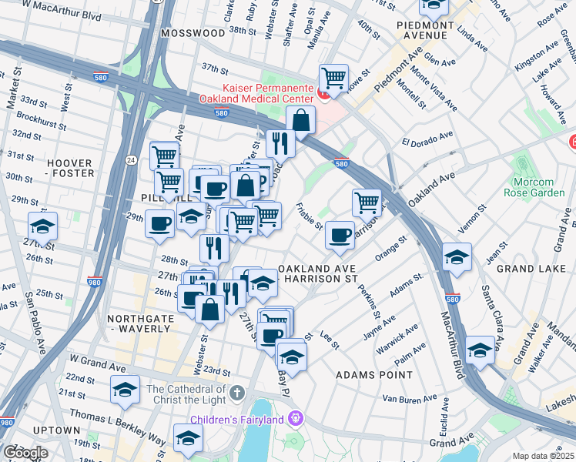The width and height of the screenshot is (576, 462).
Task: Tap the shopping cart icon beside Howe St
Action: (x=333, y=77)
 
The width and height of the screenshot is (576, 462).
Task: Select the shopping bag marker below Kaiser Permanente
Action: (x=300, y=120)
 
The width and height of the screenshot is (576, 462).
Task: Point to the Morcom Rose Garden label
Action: (x=539, y=186)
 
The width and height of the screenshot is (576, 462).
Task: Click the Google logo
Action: (x=25, y=453)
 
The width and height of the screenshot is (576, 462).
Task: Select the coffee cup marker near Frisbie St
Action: (x=340, y=235)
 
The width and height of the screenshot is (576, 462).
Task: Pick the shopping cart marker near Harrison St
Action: (x=367, y=203)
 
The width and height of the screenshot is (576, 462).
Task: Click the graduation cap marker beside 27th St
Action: (x=42, y=226)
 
